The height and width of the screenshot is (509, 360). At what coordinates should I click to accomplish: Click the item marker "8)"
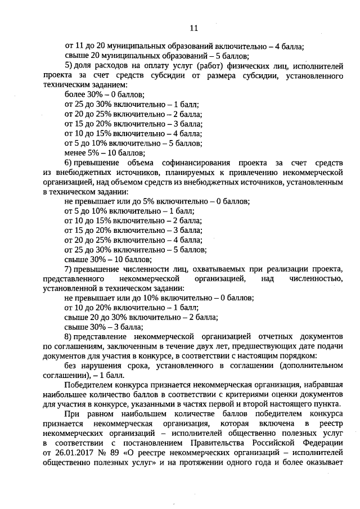tap(69, 336)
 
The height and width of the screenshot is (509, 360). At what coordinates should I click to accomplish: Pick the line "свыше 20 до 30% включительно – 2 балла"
tap(141, 317)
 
